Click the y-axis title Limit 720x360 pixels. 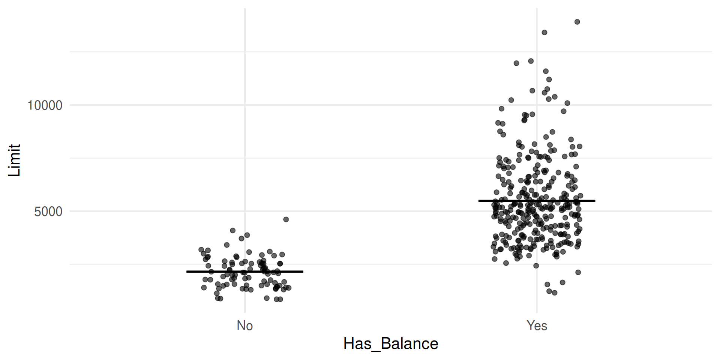click(x=14, y=160)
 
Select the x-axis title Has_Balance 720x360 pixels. click(x=391, y=343)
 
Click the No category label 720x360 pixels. click(x=245, y=325)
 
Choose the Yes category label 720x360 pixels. click(x=537, y=325)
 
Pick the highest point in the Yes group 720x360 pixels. click(x=577, y=22)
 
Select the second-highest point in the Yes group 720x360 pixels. click(x=544, y=32)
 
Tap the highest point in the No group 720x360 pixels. click(x=286, y=219)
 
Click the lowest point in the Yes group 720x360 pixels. click(x=555, y=293)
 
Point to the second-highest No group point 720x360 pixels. click(x=232, y=231)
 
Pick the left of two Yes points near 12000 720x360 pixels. click(x=516, y=63)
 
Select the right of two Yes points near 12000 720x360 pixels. click(x=531, y=61)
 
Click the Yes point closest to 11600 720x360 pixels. click(x=546, y=71)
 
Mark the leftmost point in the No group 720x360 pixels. click(x=201, y=250)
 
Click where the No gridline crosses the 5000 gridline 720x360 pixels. click(x=245, y=211)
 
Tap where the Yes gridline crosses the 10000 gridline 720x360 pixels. click(x=537, y=105)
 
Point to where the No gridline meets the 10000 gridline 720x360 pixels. click(x=245, y=105)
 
